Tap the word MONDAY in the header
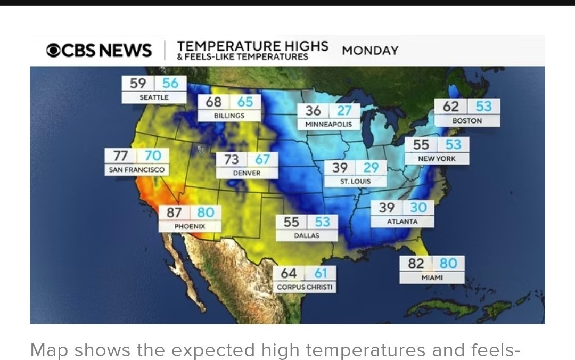tap(370, 51)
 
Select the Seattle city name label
tap(154, 97)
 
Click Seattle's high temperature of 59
tap(138, 83)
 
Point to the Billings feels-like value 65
tap(245, 101)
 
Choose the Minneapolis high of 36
tap(313, 111)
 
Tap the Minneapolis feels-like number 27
tap(344, 111)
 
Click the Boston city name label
tap(467, 121)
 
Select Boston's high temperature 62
tap(451, 107)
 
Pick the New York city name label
tap(437, 159)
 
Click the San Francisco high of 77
tap(121, 156)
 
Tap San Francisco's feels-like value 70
tap(153, 156)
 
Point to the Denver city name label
tap(247, 173)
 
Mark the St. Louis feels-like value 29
tap(371, 168)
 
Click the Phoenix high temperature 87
tap(174, 212)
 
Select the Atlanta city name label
tap(402, 222)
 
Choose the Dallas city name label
tap(307, 235)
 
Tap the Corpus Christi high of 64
tap(289, 274)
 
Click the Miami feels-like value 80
tap(448, 264)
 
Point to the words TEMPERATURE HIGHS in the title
tap(252, 46)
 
